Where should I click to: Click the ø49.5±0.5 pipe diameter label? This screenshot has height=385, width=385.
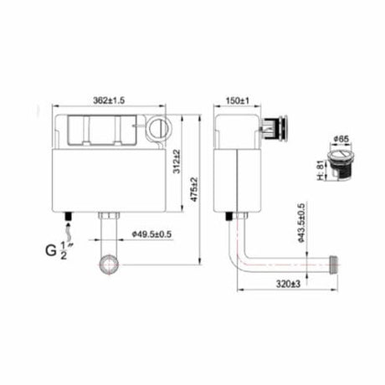tap(152, 234)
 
